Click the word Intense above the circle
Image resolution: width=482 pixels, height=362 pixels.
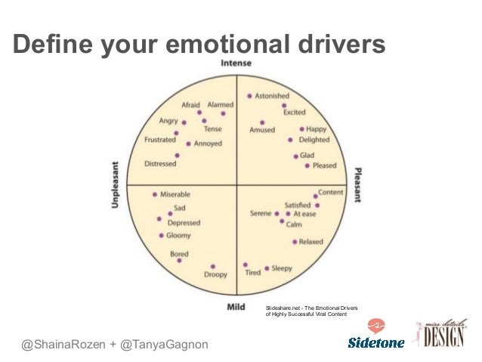pos(236,63)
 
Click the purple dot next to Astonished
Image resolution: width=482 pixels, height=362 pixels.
pos(249,97)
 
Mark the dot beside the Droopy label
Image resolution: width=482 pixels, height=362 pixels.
pos(213,266)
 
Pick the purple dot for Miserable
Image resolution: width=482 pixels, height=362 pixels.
pos(155,194)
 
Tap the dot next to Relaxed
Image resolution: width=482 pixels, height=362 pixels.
pos(294,242)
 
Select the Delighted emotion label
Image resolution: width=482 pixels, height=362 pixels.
pos(314,140)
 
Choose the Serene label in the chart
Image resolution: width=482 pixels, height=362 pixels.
pos(261,214)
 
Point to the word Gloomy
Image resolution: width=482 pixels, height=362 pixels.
pos(179,236)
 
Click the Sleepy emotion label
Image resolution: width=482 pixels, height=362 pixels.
pos(281,268)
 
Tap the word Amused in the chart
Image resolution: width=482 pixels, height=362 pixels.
pos(262,130)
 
